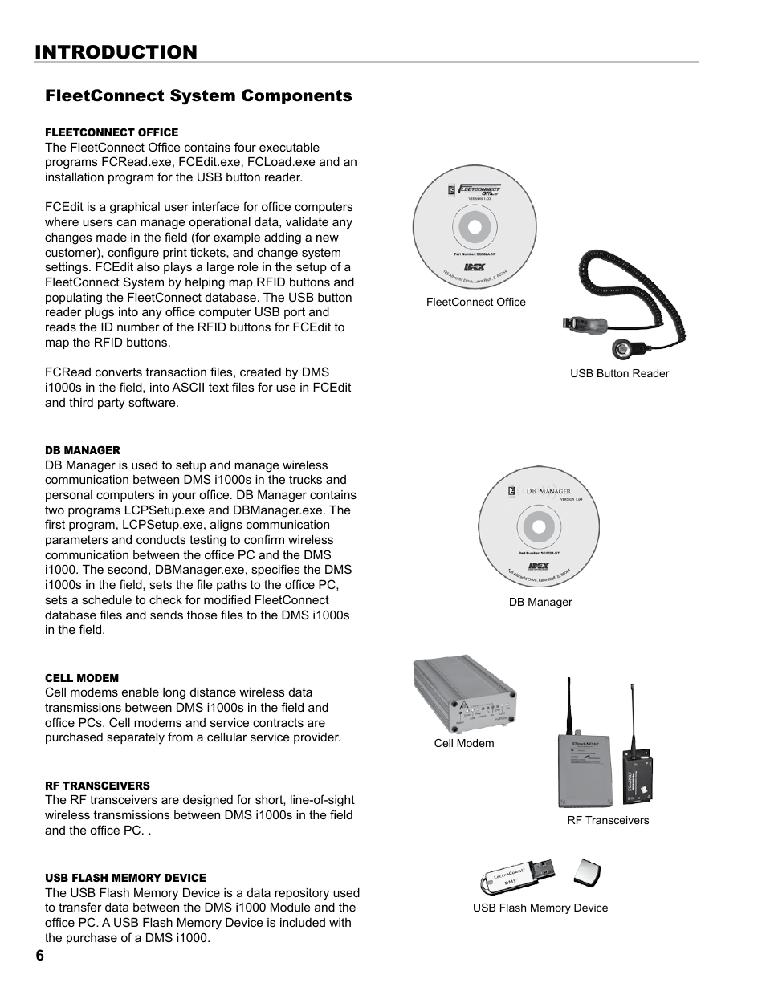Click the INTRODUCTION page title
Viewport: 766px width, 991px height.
point(116,52)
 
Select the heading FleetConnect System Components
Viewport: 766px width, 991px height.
point(198,96)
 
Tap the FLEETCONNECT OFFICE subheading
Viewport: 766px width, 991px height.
point(112,132)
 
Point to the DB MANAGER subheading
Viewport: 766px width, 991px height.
point(83,450)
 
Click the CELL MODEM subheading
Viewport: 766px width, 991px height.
point(82,678)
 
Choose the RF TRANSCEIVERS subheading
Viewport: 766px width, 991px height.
point(97,786)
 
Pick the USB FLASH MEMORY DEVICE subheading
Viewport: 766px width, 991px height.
point(125,878)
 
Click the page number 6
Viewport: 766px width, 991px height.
point(39,956)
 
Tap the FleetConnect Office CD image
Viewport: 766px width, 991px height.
point(474,227)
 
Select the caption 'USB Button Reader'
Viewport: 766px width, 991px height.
point(619,373)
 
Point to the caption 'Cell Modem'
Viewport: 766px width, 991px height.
point(464,743)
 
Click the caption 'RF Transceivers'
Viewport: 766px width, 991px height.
point(608,820)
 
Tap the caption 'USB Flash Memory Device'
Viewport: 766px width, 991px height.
point(540,908)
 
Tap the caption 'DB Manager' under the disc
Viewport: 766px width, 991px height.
point(540,602)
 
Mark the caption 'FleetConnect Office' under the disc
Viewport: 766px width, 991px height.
point(475,302)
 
